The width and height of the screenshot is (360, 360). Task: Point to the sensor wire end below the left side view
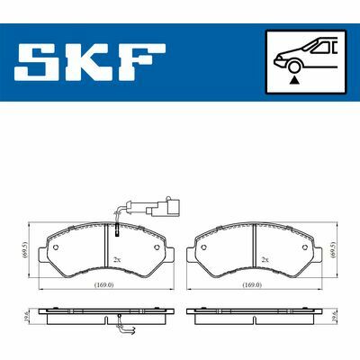(132, 333)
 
